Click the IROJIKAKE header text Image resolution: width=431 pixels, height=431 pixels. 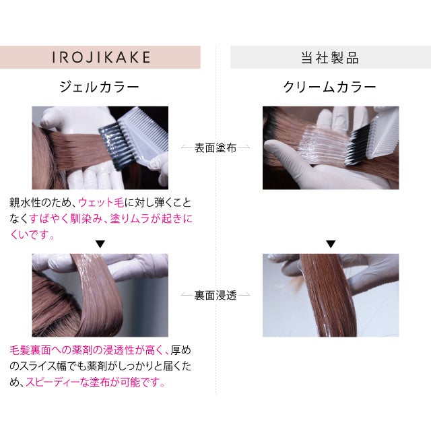click(x=101, y=57)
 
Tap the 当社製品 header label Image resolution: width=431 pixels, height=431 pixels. click(x=330, y=58)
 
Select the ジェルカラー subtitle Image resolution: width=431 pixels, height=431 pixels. click(x=99, y=87)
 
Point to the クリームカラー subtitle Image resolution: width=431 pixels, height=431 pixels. click(x=329, y=87)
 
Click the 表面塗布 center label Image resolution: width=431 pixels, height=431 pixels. click(x=215, y=148)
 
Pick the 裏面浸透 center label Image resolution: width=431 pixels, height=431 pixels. click(x=215, y=295)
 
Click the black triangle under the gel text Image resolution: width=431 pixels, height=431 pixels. click(x=100, y=244)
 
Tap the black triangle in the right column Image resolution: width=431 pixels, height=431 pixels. click(x=331, y=244)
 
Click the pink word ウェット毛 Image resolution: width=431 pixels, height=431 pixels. click(x=101, y=203)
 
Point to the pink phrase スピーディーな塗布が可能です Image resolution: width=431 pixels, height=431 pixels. click(x=95, y=382)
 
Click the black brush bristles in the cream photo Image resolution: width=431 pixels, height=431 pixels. click(x=358, y=145)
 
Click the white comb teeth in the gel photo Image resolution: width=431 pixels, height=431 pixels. click(x=143, y=132)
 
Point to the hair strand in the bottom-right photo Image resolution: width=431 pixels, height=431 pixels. click(x=327, y=295)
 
